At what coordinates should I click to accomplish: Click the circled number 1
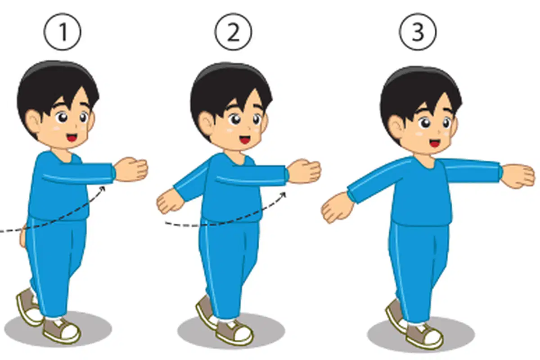[63, 32]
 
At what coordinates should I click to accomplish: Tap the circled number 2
[233, 32]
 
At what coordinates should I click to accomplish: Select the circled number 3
[418, 32]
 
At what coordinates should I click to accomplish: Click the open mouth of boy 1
[72, 138]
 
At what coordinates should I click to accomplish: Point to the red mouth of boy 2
[245, 139]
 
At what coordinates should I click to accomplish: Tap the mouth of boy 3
[435, 143]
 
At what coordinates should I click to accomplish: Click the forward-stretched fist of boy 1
[130, 169]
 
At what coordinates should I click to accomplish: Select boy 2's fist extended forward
[304, 171]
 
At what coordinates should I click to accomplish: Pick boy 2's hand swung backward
[170, 202]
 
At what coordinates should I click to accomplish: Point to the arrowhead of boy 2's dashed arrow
[283, 194]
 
